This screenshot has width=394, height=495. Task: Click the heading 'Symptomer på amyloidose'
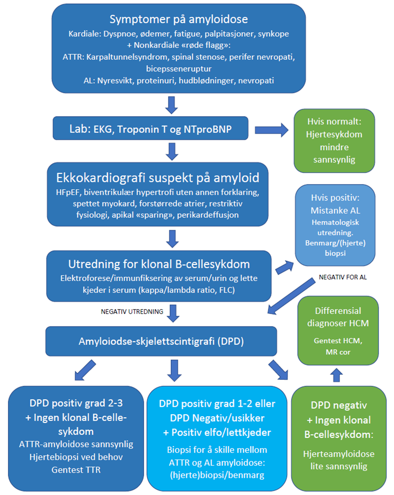[179, 20]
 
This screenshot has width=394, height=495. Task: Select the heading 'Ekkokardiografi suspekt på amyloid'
[158, 178]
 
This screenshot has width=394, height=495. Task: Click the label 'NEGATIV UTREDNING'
[132, 311]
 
